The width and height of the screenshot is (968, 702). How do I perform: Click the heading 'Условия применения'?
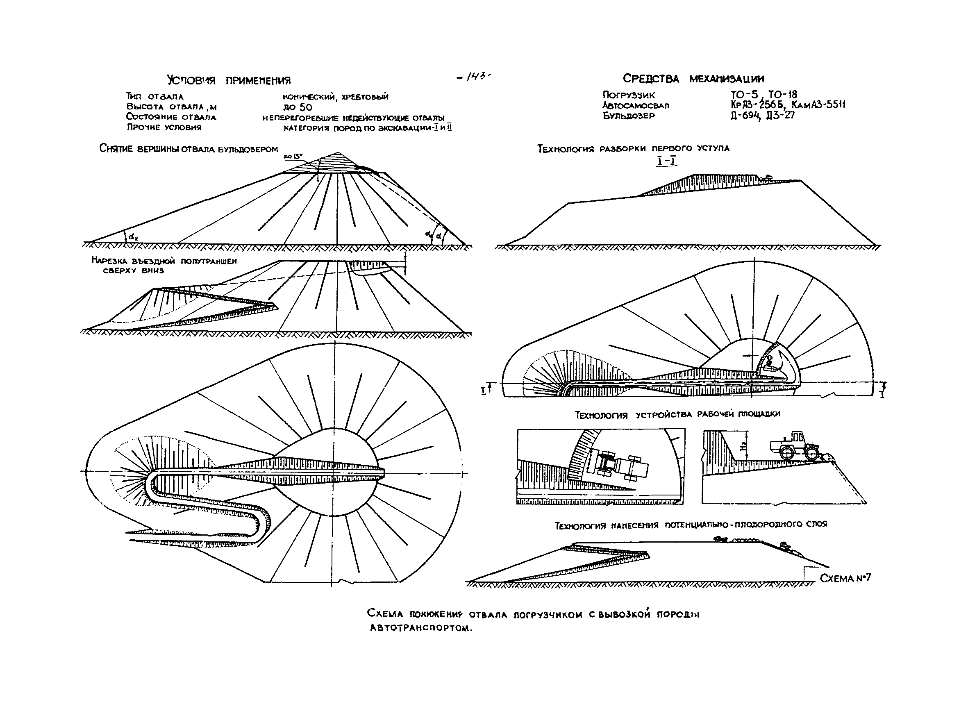coord(229,80)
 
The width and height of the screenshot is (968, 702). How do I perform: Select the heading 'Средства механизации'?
coord(693,79)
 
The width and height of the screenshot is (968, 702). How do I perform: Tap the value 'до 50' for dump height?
coord(298,107)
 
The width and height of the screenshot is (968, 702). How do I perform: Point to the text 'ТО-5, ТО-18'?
coord(763,94)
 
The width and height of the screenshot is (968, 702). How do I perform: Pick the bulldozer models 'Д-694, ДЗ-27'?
coord(762,116)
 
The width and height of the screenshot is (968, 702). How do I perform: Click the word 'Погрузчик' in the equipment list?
coord(629,95)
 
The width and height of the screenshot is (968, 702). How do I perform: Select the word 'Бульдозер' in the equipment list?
coord(629,116)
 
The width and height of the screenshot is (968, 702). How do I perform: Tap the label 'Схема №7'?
coord(845,578)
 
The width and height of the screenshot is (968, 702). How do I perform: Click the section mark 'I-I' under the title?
coord(666,161)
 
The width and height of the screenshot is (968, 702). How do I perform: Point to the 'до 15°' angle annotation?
coord(293,157)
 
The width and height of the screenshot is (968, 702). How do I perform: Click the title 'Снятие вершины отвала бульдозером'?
coord(189,149)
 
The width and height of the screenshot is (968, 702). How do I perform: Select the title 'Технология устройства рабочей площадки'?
coord(677,414)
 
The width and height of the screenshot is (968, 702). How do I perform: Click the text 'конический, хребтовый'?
coord(336,97)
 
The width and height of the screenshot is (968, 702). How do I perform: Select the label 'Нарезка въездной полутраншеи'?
coord(164,261)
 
